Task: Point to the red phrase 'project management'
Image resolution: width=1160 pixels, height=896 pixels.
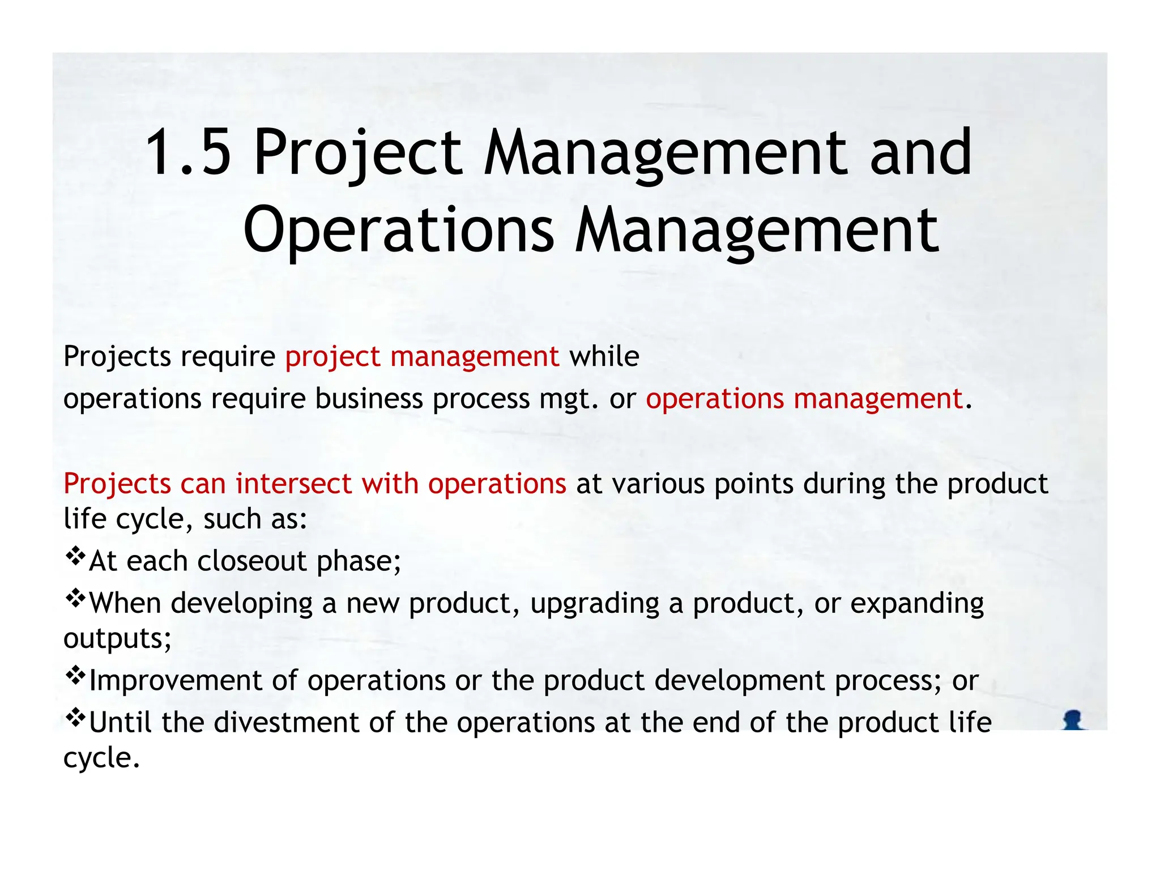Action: point(422,357)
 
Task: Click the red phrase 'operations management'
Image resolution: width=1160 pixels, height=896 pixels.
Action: point(804,399)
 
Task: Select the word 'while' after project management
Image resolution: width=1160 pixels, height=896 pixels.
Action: point(604,357)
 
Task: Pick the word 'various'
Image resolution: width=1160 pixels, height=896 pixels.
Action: point(657,484)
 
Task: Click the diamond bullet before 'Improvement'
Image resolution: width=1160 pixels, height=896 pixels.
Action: point(75,675)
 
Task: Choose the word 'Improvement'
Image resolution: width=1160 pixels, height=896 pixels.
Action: point(176,680)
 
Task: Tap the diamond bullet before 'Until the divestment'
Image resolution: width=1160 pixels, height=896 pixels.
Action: point(75,718)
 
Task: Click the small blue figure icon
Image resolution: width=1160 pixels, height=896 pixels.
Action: point(1073,720)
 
